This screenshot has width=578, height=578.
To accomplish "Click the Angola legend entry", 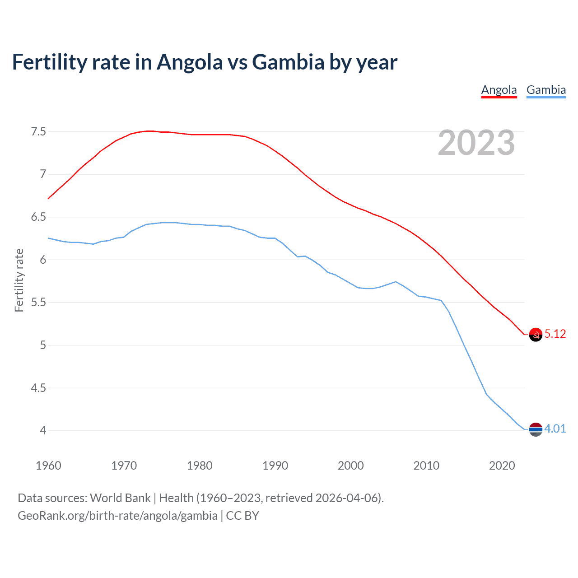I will [499, 90].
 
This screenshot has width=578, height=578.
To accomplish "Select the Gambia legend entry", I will [546, 90].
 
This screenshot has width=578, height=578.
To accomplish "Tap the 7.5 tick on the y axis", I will [38, 132].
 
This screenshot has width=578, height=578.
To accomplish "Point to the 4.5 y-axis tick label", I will [38, 388].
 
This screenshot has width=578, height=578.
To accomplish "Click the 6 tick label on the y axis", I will [43, 260].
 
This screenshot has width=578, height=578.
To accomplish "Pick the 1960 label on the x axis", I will [48, 466].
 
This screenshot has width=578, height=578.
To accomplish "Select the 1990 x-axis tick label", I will [275, 466].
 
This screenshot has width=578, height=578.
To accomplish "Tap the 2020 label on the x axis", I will [502, 466].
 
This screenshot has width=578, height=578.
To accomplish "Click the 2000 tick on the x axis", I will [350, 466].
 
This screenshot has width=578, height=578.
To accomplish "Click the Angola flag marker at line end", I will [536, 335].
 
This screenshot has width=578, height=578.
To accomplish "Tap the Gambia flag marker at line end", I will [536, 429].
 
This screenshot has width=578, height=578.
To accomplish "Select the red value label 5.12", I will [555, 334].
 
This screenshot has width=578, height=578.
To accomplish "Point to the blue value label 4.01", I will [555, 429].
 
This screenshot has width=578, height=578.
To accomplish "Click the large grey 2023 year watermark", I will [476, 143].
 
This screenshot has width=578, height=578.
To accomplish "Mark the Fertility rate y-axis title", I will [19, 280].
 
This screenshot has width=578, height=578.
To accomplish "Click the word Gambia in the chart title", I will [288, 62].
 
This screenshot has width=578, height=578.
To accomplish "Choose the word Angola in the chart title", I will [190, 62].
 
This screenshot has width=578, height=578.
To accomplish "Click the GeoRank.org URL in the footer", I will [117, 516].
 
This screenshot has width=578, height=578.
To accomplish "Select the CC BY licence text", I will [242, 516].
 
